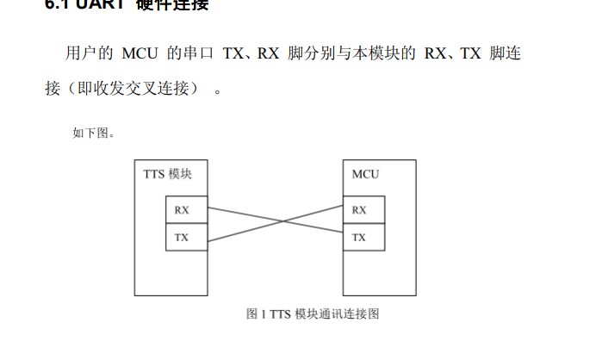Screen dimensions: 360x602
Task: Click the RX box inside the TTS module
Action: pos(186,210)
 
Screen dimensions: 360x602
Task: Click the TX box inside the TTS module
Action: pos(186,237)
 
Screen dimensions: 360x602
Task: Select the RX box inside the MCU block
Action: pos(363,210)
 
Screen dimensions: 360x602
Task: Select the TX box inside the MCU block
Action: pos(363,237)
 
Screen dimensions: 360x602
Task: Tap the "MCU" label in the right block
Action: pos(365,174)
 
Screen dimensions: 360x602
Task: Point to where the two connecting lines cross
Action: pos(275,223)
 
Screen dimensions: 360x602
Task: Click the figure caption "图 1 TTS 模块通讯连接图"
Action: pos(313,313)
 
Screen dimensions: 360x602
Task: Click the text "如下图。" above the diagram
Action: pos(94,133)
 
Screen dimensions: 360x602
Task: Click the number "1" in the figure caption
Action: pos(263,313)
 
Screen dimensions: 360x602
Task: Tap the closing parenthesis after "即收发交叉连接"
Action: pos(194,89)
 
